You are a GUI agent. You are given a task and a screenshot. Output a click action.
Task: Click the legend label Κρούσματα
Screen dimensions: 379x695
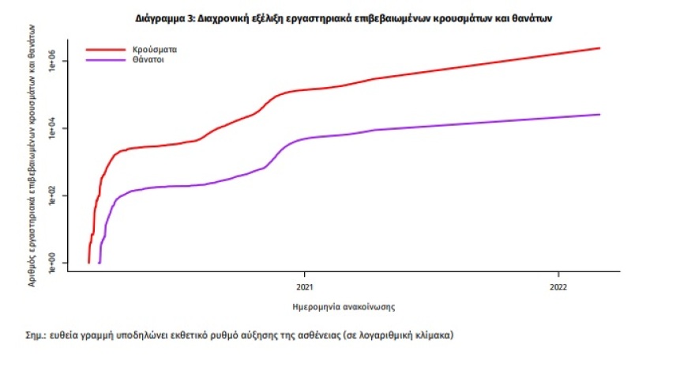point(154,49)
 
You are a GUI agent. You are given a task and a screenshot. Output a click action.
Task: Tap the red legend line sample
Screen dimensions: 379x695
point(105,49)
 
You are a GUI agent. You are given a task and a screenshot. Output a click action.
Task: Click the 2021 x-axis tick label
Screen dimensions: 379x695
point(306,286)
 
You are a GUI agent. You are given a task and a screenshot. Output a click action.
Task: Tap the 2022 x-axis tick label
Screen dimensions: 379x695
point(558,286)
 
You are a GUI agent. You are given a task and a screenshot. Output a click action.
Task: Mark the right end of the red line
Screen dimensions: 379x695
point(599,48)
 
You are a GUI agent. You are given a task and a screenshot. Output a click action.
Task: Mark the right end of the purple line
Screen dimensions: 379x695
point(599,115)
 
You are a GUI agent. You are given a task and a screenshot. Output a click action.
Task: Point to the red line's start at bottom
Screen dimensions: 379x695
point(88,261)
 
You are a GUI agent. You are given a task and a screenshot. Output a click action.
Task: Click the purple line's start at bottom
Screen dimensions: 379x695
point(100,261)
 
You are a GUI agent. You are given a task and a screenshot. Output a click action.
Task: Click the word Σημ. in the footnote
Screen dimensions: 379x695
point(36,335)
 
